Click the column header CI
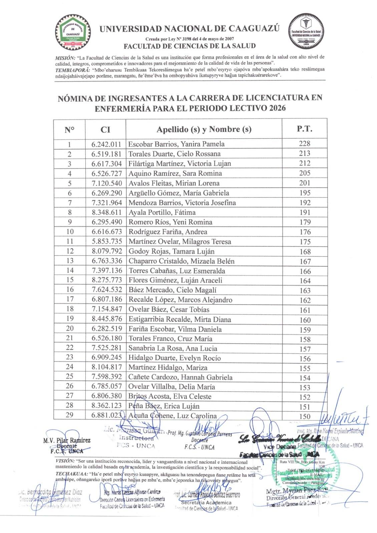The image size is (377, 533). (x=105, y=130)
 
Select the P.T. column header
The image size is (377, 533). (x=305, y=129)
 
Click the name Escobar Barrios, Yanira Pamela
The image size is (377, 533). (x=176, y=144)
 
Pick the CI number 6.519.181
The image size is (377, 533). (x=106, y=154)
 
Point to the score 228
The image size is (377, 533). (x=305, y=144)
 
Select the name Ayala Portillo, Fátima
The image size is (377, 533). (x=162, y=212)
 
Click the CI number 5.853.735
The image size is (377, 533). (x=106, y=242)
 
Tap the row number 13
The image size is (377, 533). (x=69, y=261)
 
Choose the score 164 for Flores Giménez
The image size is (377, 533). (x=305, y=281)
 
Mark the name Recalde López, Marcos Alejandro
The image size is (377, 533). (x=180, y=300)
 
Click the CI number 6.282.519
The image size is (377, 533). (x=106, y=329)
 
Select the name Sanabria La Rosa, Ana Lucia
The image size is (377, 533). (x=173, y=348)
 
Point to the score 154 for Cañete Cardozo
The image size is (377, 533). (x=305, y=378)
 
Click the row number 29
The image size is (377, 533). (x=69, y=415)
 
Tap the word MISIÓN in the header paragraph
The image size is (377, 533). (x=65, y=57)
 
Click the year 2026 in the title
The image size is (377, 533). (x=275, y=108)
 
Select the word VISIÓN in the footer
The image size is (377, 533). (x=65, y=461)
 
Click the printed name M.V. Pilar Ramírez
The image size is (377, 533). (x=67, y=440)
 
